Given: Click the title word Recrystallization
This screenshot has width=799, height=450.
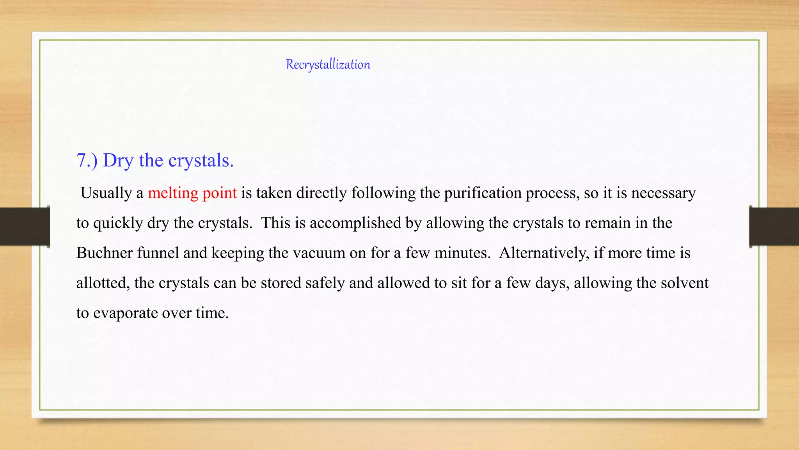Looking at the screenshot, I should click(x=328, y=64).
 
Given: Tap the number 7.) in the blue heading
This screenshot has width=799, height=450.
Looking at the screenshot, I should click(x=87, y=161).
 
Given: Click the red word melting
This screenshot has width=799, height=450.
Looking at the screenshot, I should click(x=173, y=193).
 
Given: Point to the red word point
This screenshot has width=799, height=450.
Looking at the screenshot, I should click(x=220, y=193).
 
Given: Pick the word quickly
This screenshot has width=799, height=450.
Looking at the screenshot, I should click(x=118, y=223).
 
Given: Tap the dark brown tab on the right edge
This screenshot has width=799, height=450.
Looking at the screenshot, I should click(x=774, y=227).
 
